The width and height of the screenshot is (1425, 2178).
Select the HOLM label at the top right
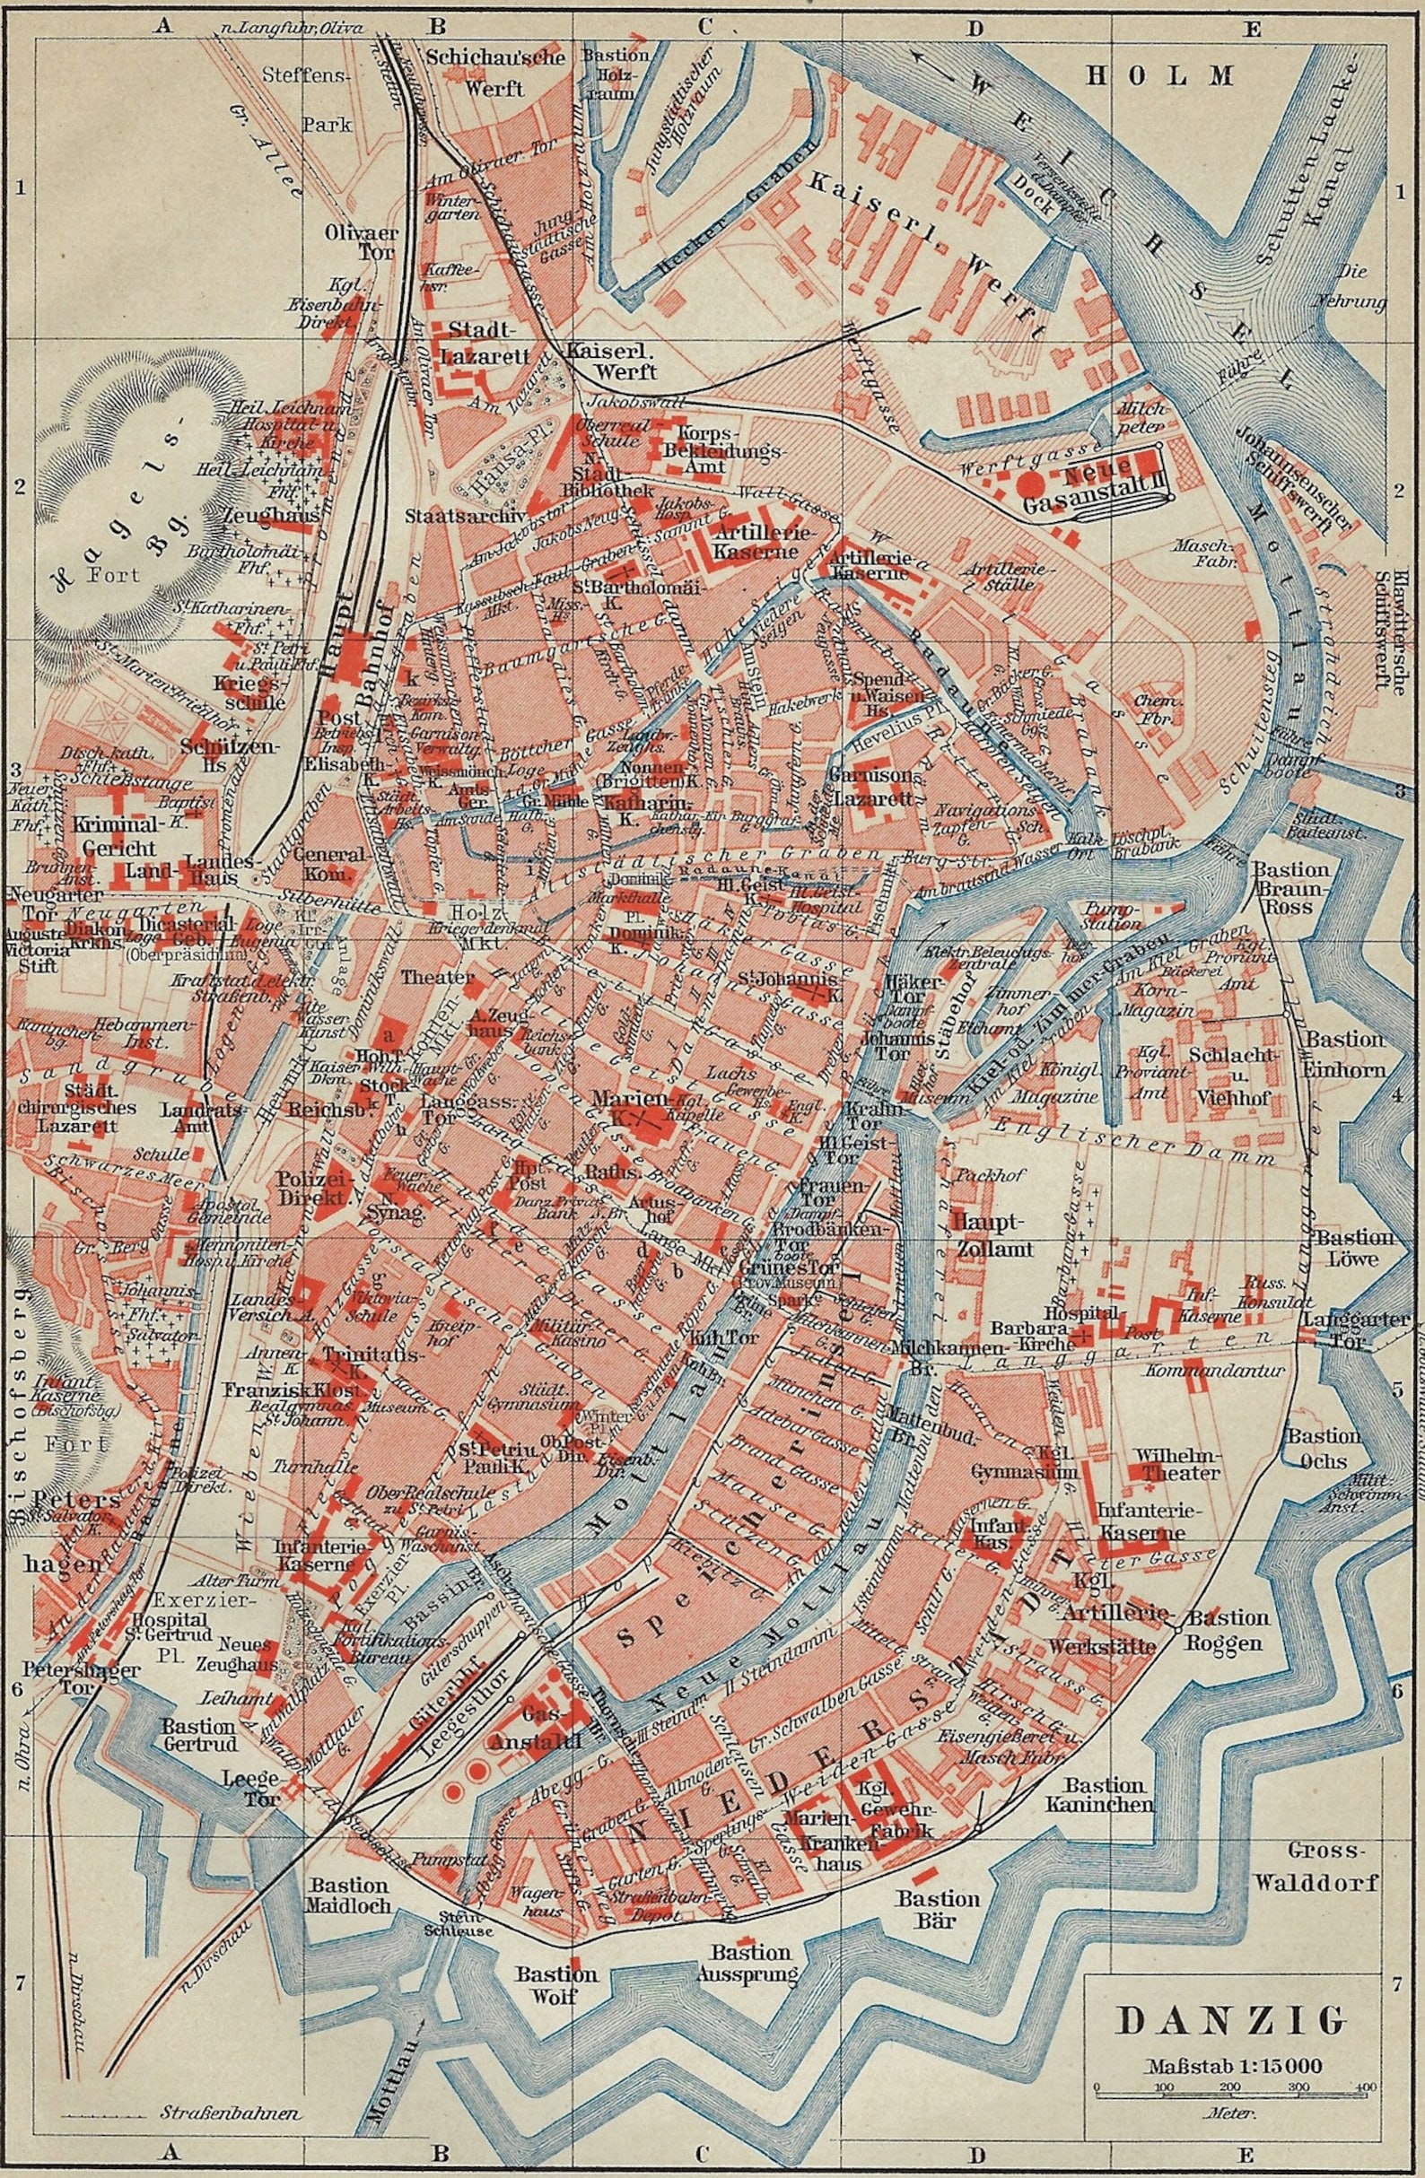coord(1160,76)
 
